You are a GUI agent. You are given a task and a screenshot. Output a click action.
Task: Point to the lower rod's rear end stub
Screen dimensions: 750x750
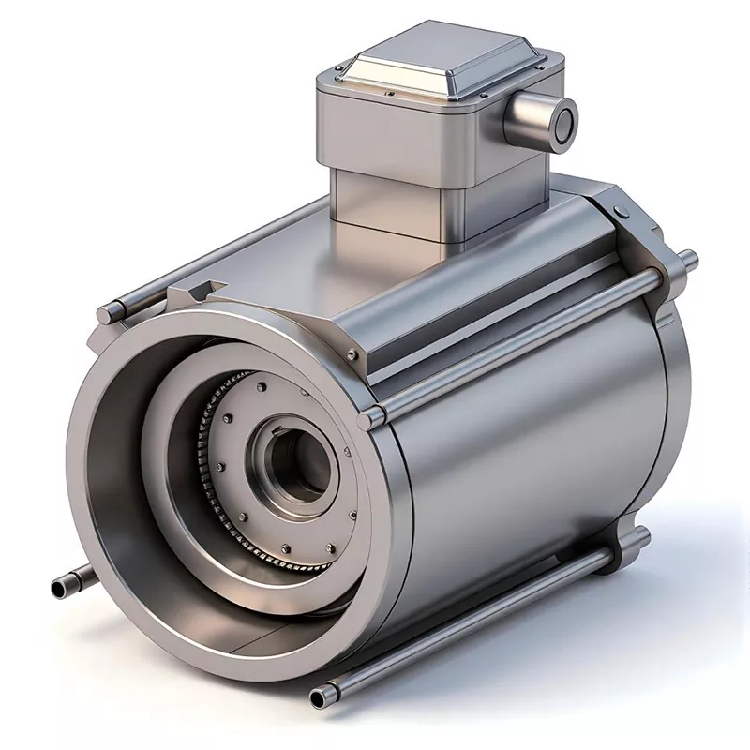click(641, 535)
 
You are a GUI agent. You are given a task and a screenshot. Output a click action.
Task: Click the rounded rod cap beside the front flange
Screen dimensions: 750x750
click(371, 414)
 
